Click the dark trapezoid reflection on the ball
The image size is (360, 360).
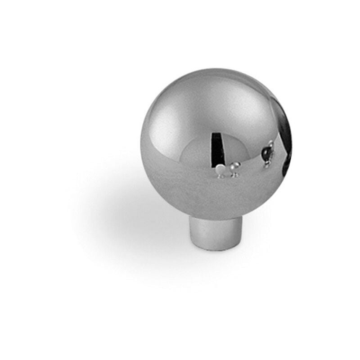pos(218,148)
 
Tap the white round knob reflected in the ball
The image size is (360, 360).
pos(220,170)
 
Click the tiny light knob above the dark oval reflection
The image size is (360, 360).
pos(271,144)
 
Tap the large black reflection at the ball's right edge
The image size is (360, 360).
pos(284,130)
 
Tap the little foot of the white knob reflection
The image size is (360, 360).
pos(220,176)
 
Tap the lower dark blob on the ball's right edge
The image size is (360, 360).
pos(287,169)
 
